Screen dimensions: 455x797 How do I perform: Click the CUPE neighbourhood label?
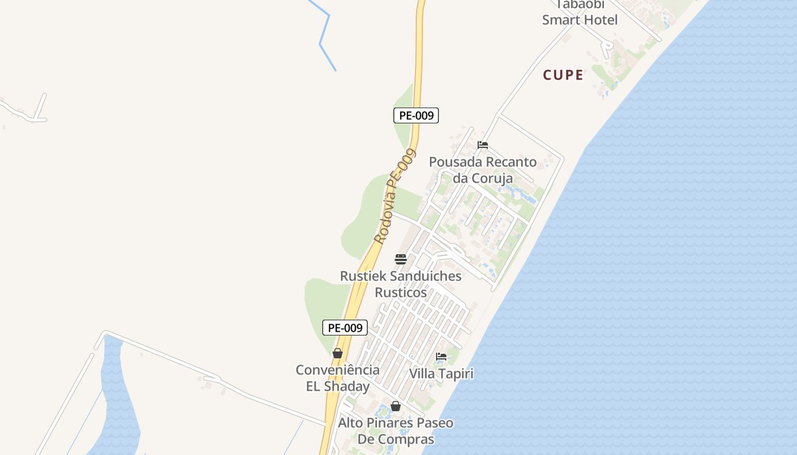[x=563, y=75]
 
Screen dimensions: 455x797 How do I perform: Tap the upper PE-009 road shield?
[x=416, y=115]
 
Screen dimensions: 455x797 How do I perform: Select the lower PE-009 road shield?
[x=345, y=328]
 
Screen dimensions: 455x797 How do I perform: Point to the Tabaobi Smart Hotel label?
[x=580, y=13]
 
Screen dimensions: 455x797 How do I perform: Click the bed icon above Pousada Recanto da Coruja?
[x=483, y=145]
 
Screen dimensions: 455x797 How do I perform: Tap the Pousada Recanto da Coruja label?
[x=483, y=169]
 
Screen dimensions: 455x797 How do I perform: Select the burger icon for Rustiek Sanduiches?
[x=401, y=259]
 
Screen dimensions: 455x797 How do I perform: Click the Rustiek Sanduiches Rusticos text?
[x=401, y=284]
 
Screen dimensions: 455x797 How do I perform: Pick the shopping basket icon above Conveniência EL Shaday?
[x=338, y=353]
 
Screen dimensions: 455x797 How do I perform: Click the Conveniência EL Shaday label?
[x=338, y=378]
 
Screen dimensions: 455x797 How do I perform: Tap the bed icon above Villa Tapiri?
[x=441, y=357]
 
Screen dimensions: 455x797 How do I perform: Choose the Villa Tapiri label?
[x=441, y=374]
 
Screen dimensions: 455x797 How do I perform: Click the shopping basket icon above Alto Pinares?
[x=396, y=406]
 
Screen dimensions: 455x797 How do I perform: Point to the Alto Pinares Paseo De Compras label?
[x=396, y=431]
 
